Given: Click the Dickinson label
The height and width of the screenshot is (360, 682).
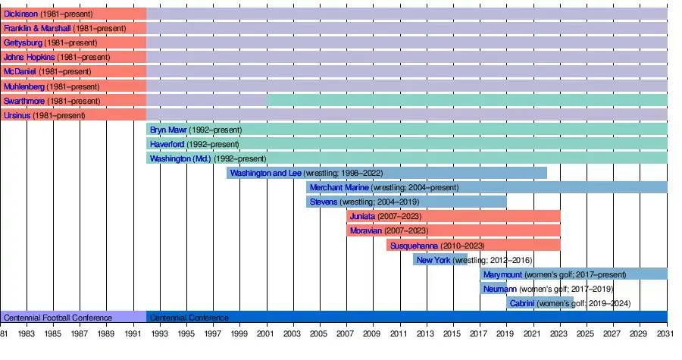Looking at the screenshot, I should pos(21,14).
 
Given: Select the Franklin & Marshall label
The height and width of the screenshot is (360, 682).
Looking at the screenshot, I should pos(37,28).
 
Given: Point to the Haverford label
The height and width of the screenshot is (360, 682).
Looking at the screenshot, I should pos(167,144).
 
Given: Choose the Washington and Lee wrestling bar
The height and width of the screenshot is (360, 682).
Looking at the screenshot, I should pos(386,173).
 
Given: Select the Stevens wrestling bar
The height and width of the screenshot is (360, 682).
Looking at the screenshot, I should pos(406,202).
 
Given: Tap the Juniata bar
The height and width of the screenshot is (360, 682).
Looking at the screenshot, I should pos(453,216).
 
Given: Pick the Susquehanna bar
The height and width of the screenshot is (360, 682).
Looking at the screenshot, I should pos(473,245).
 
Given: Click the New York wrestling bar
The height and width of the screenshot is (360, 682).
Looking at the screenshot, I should pos(440,260).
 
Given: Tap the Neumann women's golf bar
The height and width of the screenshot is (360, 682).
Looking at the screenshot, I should pos(493,289).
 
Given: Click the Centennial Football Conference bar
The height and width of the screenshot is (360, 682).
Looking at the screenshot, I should pos(73,318).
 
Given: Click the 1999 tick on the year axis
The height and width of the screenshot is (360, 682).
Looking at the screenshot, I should pos(240,333).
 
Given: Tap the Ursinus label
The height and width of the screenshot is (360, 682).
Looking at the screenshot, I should pos(17,115).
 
